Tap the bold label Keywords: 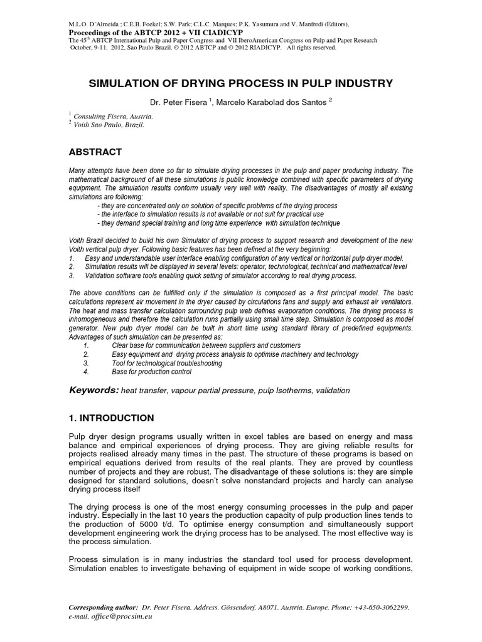pyautogui.click(x=93, y=390)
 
